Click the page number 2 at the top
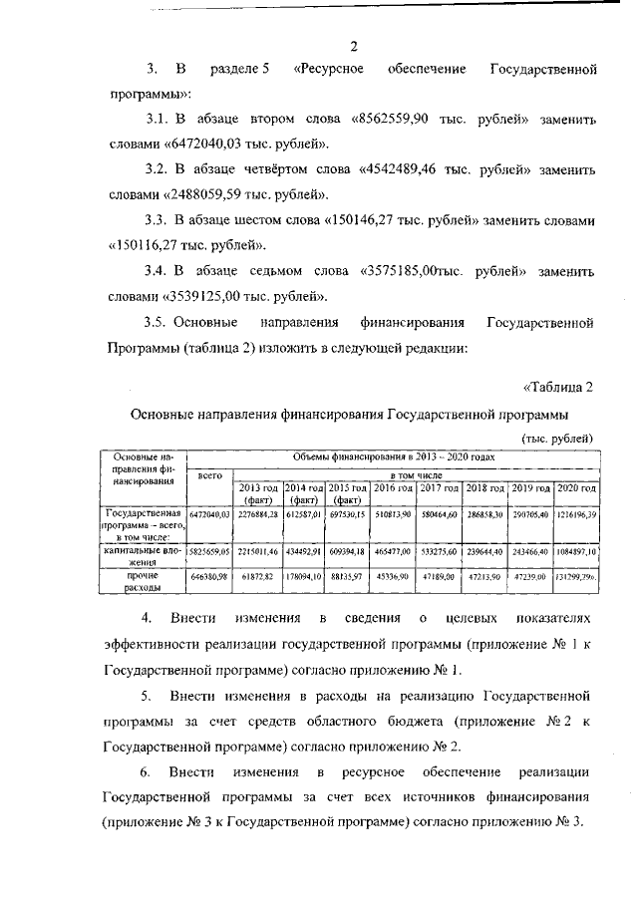tap(353, 44)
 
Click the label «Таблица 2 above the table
tap(558, 387)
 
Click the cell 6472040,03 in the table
tap(210, 514)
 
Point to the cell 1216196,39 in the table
tap(575, 514)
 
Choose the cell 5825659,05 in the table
tap(210, 550)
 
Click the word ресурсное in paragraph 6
tap(372, 772)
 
